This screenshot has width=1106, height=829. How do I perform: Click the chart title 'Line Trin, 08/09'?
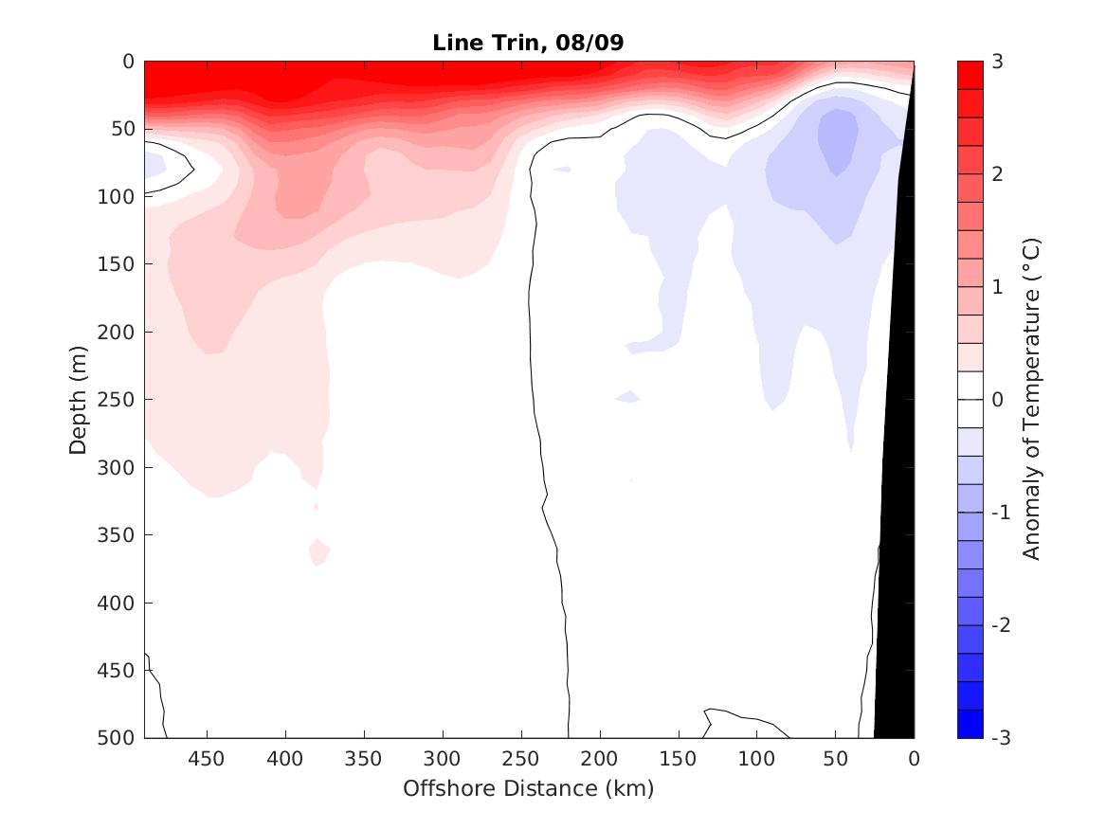click(x=528, y=43)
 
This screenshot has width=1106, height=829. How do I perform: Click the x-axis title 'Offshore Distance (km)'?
click(x=528, y=788)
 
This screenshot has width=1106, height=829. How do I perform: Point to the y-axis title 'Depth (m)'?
click(x=79, y=399)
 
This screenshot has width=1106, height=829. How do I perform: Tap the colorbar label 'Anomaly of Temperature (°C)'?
click(x=1032, y=399)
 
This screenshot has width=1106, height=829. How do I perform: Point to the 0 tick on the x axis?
click(x=914, y=759)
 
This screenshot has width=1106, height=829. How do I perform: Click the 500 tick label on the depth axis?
click(x=118, y=738)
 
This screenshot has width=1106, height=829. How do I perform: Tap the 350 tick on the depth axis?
click(x=118, y=535)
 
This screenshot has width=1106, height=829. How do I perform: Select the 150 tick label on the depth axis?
click(x=118, y=264)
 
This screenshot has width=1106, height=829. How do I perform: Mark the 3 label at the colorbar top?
click(x=996, y=62)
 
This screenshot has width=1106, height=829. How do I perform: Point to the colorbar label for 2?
click(x=996, y=174)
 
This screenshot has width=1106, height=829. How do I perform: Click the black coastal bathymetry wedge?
click(x=896, y=568)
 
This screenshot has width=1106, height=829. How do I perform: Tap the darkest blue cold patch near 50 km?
click(x=838, y=139)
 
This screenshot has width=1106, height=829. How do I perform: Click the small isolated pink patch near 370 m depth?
click(x=318, y=550)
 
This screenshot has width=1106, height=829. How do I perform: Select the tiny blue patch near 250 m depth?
click(x=627, y=396)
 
